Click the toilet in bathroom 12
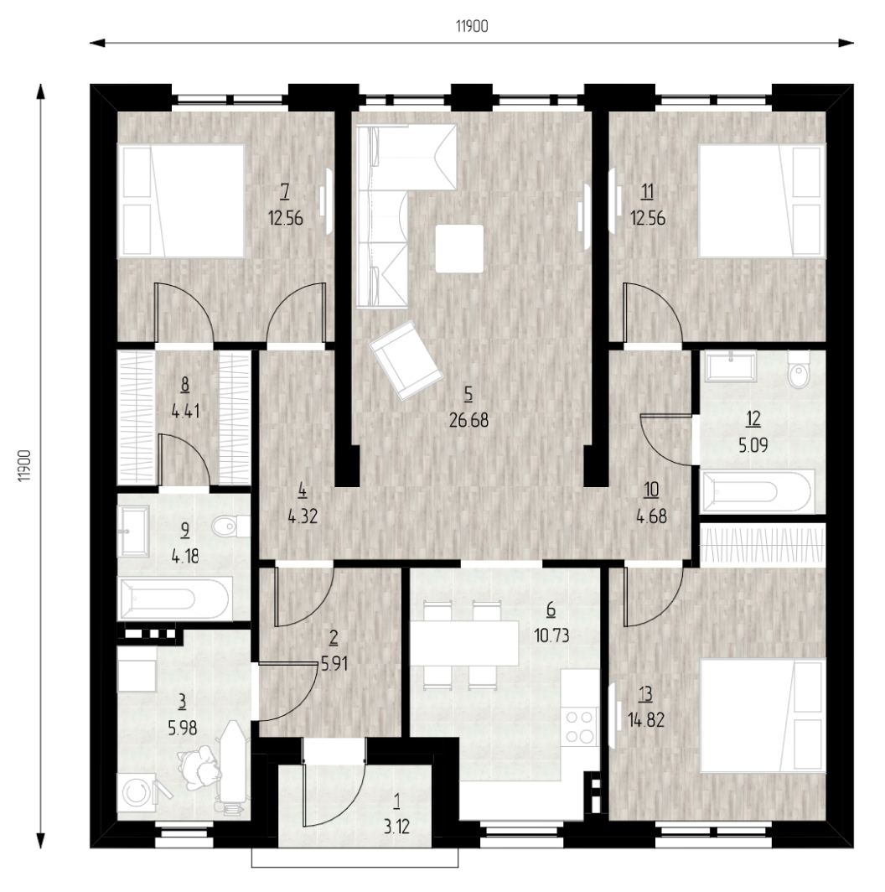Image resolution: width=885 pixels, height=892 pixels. click(x=800, y=369)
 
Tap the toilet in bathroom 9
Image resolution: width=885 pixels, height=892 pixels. click(x=231, y=526)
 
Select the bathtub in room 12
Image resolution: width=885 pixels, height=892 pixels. click(x=758, y=491)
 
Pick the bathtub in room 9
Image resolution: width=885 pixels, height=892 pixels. click(x=174, y=599)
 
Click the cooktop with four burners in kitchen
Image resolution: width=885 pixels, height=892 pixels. click(x=580, y=727)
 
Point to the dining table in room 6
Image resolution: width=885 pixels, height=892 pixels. click(x=464, y=643)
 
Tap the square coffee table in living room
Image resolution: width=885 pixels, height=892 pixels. click(x=459, y=249)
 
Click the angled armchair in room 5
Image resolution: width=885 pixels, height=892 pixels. click(x=406, y=360)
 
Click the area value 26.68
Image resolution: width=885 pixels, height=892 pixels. click(x=468, y=420)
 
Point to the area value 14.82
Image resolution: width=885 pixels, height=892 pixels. click(x=645, y=720)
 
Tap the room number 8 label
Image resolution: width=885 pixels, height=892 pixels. click(x=185, y=385)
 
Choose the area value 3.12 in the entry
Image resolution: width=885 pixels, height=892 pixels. click(x=396, y=827)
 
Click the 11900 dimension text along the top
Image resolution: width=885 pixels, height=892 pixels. click(x=472, y=26)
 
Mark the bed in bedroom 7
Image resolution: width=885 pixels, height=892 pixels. click(x=181, y=201)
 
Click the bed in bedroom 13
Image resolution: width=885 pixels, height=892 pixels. click(x=763, y=715)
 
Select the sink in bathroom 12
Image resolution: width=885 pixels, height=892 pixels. click(x=731, y=366)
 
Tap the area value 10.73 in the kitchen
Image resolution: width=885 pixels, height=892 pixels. click(x=551, y=635)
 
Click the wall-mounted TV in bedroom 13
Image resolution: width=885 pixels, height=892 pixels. click(x=613, y=714)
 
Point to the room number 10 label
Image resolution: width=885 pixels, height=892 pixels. click(x=652, y=490)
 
